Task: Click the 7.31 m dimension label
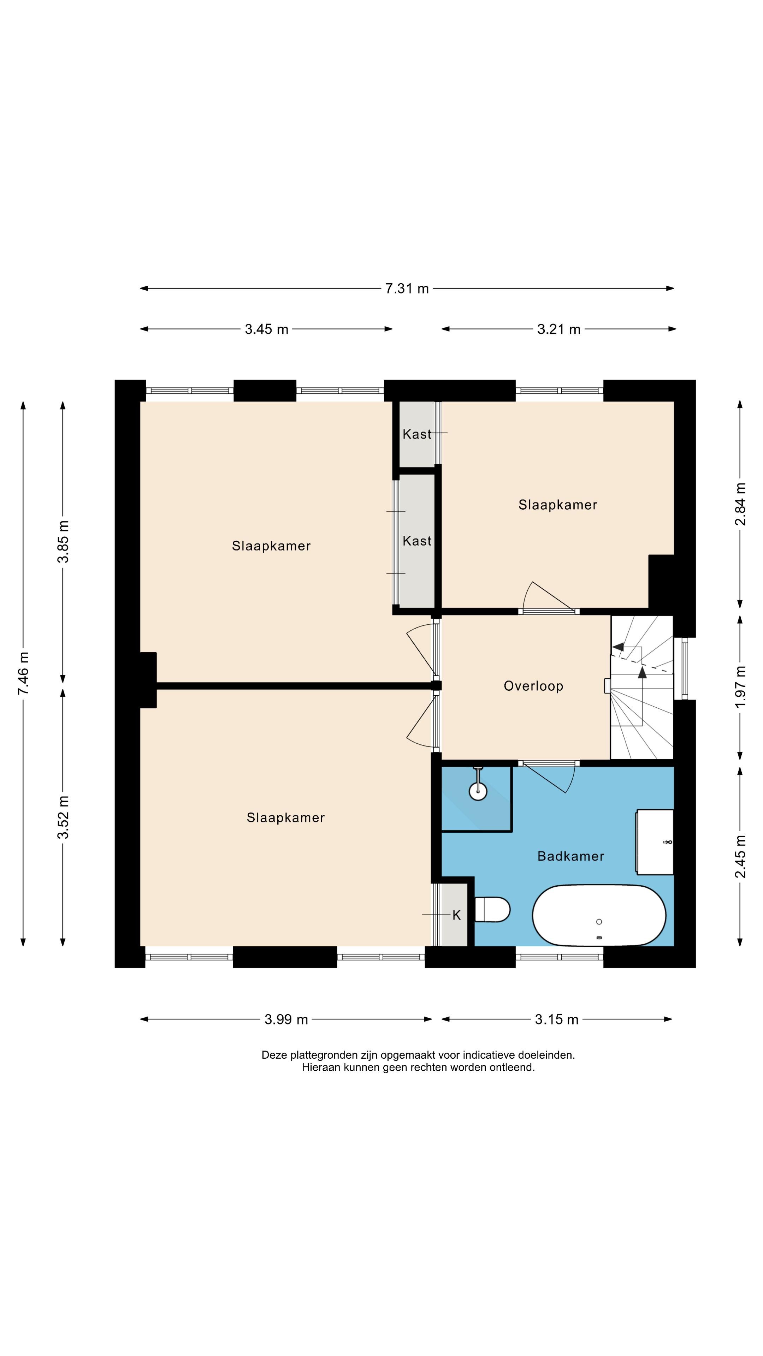pos(407,289)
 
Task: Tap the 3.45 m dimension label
pos(266,329)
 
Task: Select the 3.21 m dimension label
pos(559,329)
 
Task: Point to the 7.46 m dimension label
pos(24,673)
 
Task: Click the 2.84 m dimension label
pos(740,504)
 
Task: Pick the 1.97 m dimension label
pos(740,687)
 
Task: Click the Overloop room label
pos(533,686)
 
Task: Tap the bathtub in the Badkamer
pos(599,916)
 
